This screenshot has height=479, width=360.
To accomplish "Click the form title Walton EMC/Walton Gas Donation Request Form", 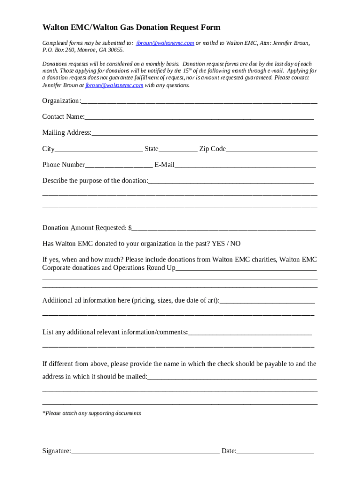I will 131,28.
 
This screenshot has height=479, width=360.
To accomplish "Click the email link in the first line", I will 165,43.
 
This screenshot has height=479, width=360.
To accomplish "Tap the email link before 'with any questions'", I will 114,86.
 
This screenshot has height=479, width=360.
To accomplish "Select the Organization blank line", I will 199,102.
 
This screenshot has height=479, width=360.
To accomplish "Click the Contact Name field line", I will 199,117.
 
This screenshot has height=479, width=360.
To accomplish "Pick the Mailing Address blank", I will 204,133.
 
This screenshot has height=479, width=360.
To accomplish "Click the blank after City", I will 99,150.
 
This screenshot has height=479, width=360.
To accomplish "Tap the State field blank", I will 178,150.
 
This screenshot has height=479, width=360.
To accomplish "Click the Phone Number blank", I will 119,166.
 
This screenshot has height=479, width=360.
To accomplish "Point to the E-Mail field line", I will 245,166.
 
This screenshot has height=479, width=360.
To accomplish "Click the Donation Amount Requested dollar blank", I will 223,229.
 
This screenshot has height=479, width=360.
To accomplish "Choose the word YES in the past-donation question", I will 219,244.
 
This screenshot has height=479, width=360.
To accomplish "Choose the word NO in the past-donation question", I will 235,244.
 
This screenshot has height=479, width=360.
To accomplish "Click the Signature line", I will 145,452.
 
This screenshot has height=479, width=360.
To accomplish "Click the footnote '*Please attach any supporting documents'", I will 92,413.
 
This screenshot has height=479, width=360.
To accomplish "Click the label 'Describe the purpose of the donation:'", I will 95,181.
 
